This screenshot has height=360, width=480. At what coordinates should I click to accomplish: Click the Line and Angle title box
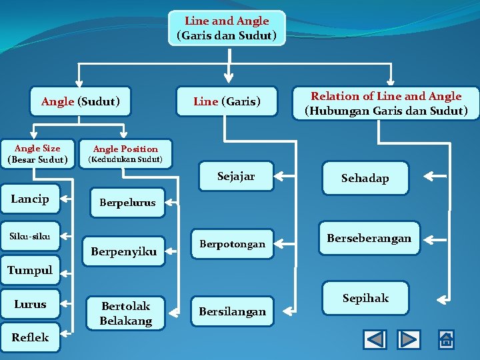pos(227,28)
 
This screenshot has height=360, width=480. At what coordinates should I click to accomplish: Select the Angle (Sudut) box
pos(81,101)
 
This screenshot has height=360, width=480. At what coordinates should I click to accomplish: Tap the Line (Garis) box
pos(227,101)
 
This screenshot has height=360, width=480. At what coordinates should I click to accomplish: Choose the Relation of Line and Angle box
pos(386,103)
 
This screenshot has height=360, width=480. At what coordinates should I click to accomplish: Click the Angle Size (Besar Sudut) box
pos(37,154)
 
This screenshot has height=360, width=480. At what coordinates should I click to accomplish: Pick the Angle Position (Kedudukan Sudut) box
pos(125,154)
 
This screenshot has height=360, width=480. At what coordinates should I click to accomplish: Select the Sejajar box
pos(236,177)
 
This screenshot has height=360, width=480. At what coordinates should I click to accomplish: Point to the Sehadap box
pos(365,178)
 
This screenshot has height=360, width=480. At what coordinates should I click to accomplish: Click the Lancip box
pos(30,199)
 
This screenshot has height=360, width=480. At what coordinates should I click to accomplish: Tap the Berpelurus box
pos(127,202)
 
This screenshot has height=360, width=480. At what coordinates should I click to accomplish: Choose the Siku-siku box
pos(30,236)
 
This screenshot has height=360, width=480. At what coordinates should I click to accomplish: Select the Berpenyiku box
pos(123,251)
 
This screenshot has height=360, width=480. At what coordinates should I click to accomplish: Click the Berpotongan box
pos(232,244)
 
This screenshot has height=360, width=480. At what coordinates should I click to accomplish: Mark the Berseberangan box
pos(369,238)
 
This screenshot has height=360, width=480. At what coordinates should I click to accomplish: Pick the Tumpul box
pos(30,270)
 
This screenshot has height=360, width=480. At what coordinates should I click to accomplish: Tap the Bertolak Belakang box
pos(126,313)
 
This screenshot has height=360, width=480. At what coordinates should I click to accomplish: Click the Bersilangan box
pos(231,311)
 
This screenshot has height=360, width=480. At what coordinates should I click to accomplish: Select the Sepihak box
pos(365,298)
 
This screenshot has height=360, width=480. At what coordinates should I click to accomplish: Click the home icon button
pos(446,339)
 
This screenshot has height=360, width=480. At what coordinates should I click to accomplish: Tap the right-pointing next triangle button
pos(409,339)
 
